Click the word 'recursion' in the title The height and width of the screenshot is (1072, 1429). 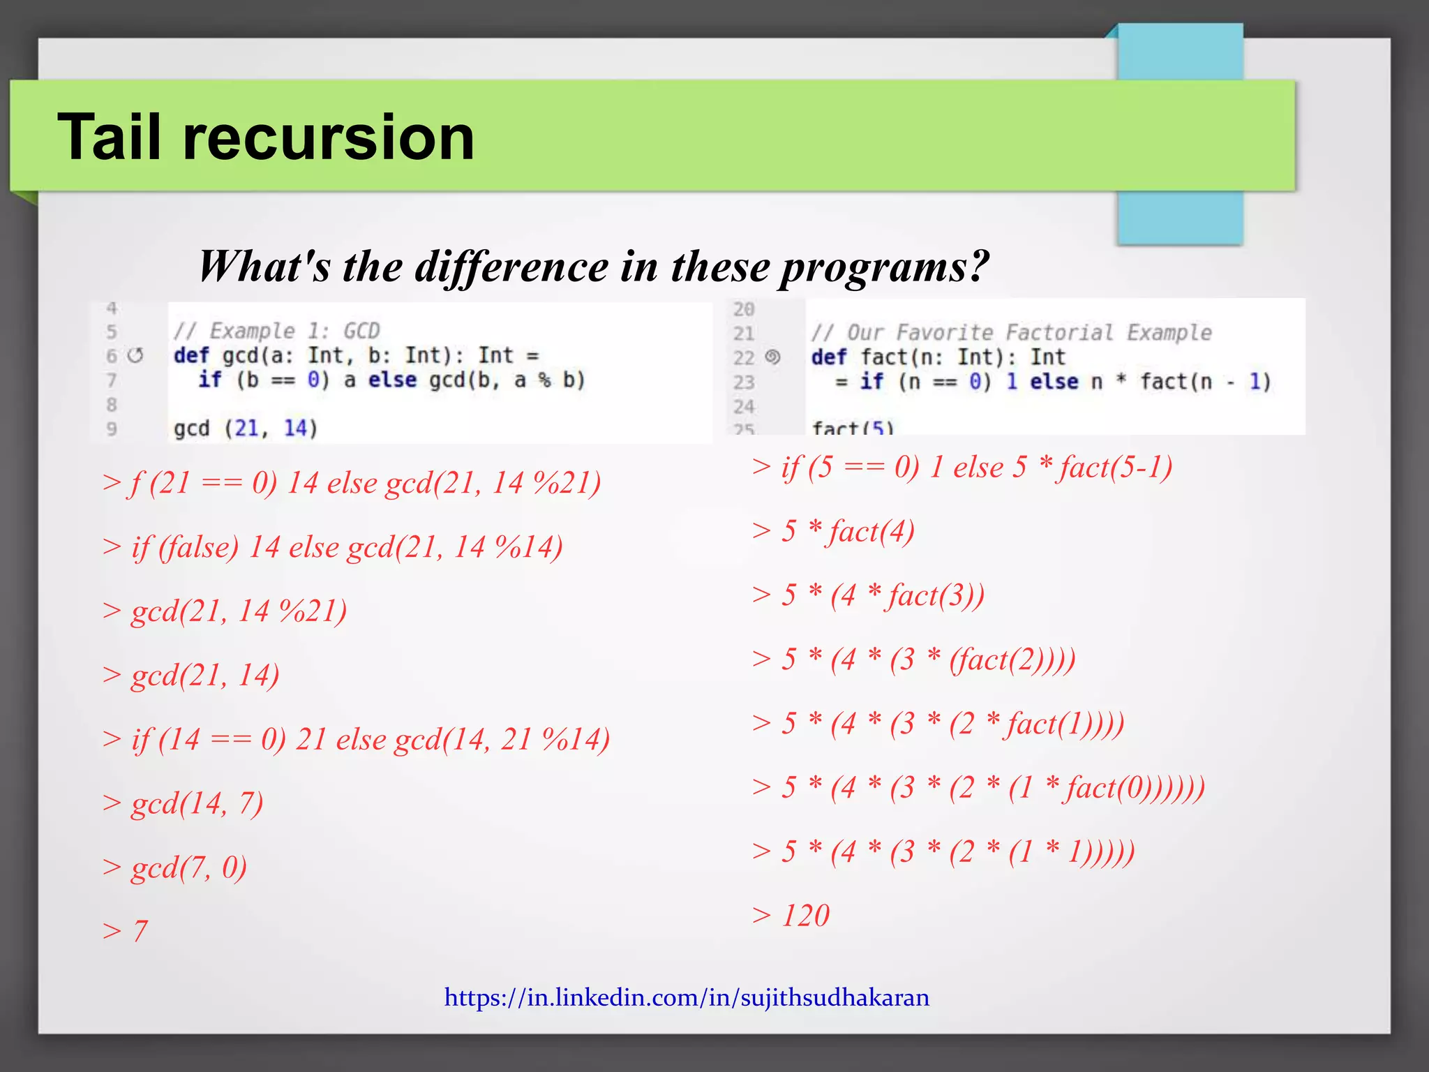(x=328, y=137)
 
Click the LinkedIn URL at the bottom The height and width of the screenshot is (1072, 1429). (x=687, y=997)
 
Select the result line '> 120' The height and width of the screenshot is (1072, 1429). (x=792, y=915)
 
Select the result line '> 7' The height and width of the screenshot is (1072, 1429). (x=126, y=931)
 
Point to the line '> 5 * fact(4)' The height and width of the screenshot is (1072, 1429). (x=834, y=531)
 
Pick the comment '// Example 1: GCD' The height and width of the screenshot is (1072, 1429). (x=276, y=331)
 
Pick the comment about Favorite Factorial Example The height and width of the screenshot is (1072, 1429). (x=1011, y=332)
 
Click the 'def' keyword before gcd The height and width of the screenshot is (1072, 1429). (x=191, y=355)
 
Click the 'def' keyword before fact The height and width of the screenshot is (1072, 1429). (x=828, y=357)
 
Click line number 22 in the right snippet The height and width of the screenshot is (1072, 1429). (x=744, y=358)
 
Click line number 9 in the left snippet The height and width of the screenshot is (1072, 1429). (x=112, y=429)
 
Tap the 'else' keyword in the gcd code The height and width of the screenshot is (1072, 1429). (x=392, y=380)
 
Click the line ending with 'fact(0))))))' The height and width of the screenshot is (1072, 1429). (x=978, y=787)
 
